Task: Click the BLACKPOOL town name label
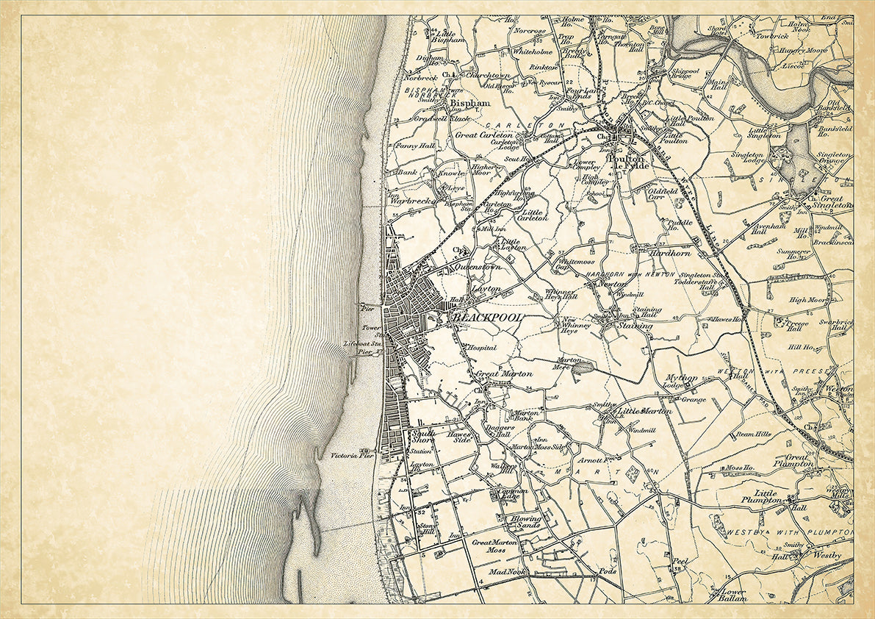[x=489, y=317]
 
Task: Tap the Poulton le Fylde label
[x=625, y=163]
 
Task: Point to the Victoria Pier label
[x=353, y=456]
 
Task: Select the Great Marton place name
[x=507, y=374]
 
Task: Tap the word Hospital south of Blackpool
[x=481, y=348]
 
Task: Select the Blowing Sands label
[x=526, y=522]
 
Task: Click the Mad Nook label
[x=508, y=571]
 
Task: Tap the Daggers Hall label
[x=498, y=431]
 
